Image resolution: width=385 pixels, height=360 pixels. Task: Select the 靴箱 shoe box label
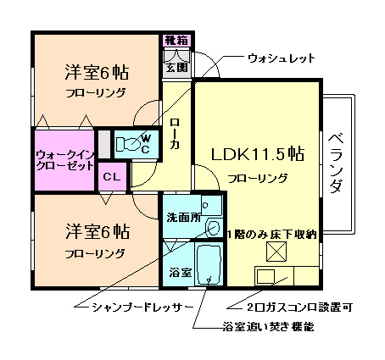click(177, 40)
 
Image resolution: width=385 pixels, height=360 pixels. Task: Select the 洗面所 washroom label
click(183, 216)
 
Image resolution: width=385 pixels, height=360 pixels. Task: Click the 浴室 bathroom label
click(178, 273)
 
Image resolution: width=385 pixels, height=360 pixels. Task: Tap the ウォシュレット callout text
click(281, 58)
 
